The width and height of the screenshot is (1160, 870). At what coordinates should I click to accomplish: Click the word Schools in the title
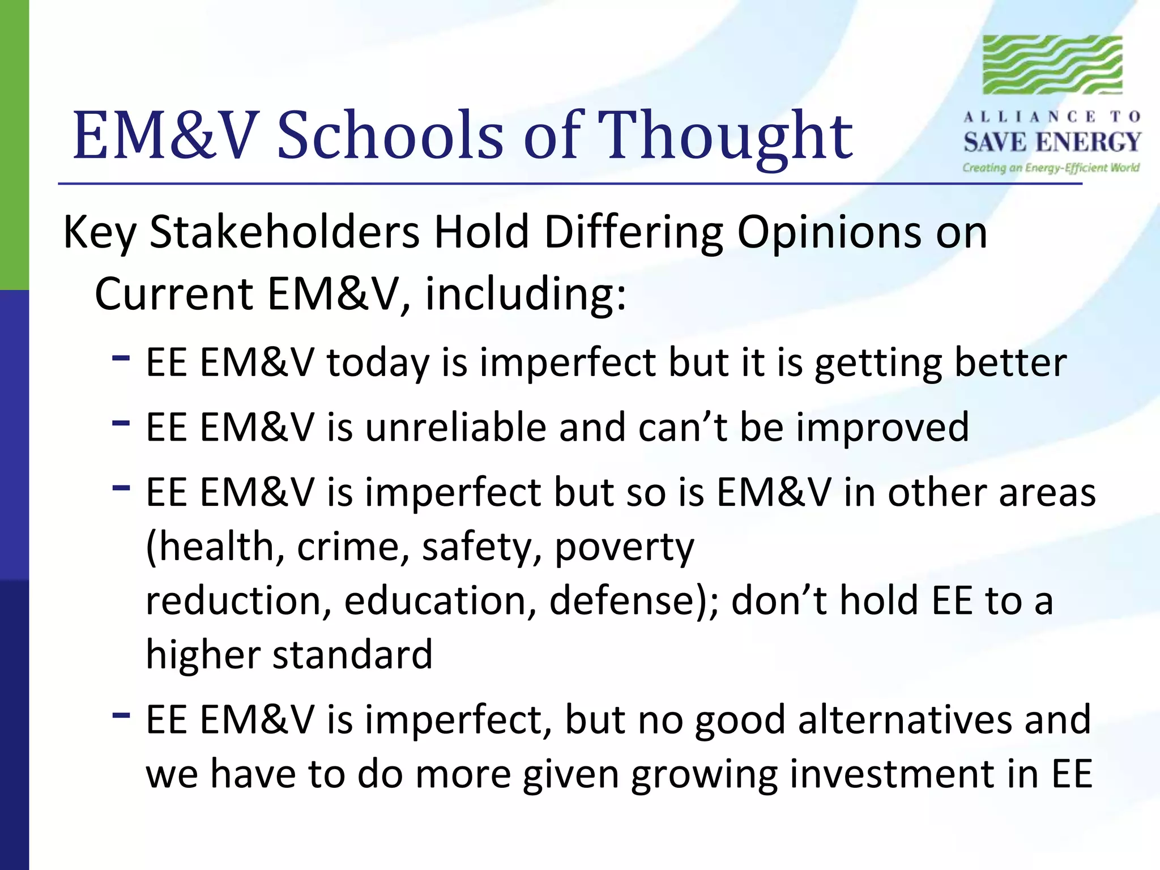pos(390,136)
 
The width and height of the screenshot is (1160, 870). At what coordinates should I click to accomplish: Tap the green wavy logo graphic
pos(1052,65)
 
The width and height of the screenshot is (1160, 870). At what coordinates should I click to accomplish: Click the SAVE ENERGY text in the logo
pos(1052,142)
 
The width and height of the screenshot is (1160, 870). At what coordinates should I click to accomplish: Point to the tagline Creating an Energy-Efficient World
pos(1051,168)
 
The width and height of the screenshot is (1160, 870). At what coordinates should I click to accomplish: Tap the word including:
pos(526,295)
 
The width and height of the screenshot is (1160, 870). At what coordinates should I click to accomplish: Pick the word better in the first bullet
pos(1010,362)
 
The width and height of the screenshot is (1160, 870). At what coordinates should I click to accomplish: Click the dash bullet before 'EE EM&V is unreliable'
pos(121,423)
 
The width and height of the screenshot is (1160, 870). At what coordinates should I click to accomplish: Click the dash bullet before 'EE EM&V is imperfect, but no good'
pos(121,715)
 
